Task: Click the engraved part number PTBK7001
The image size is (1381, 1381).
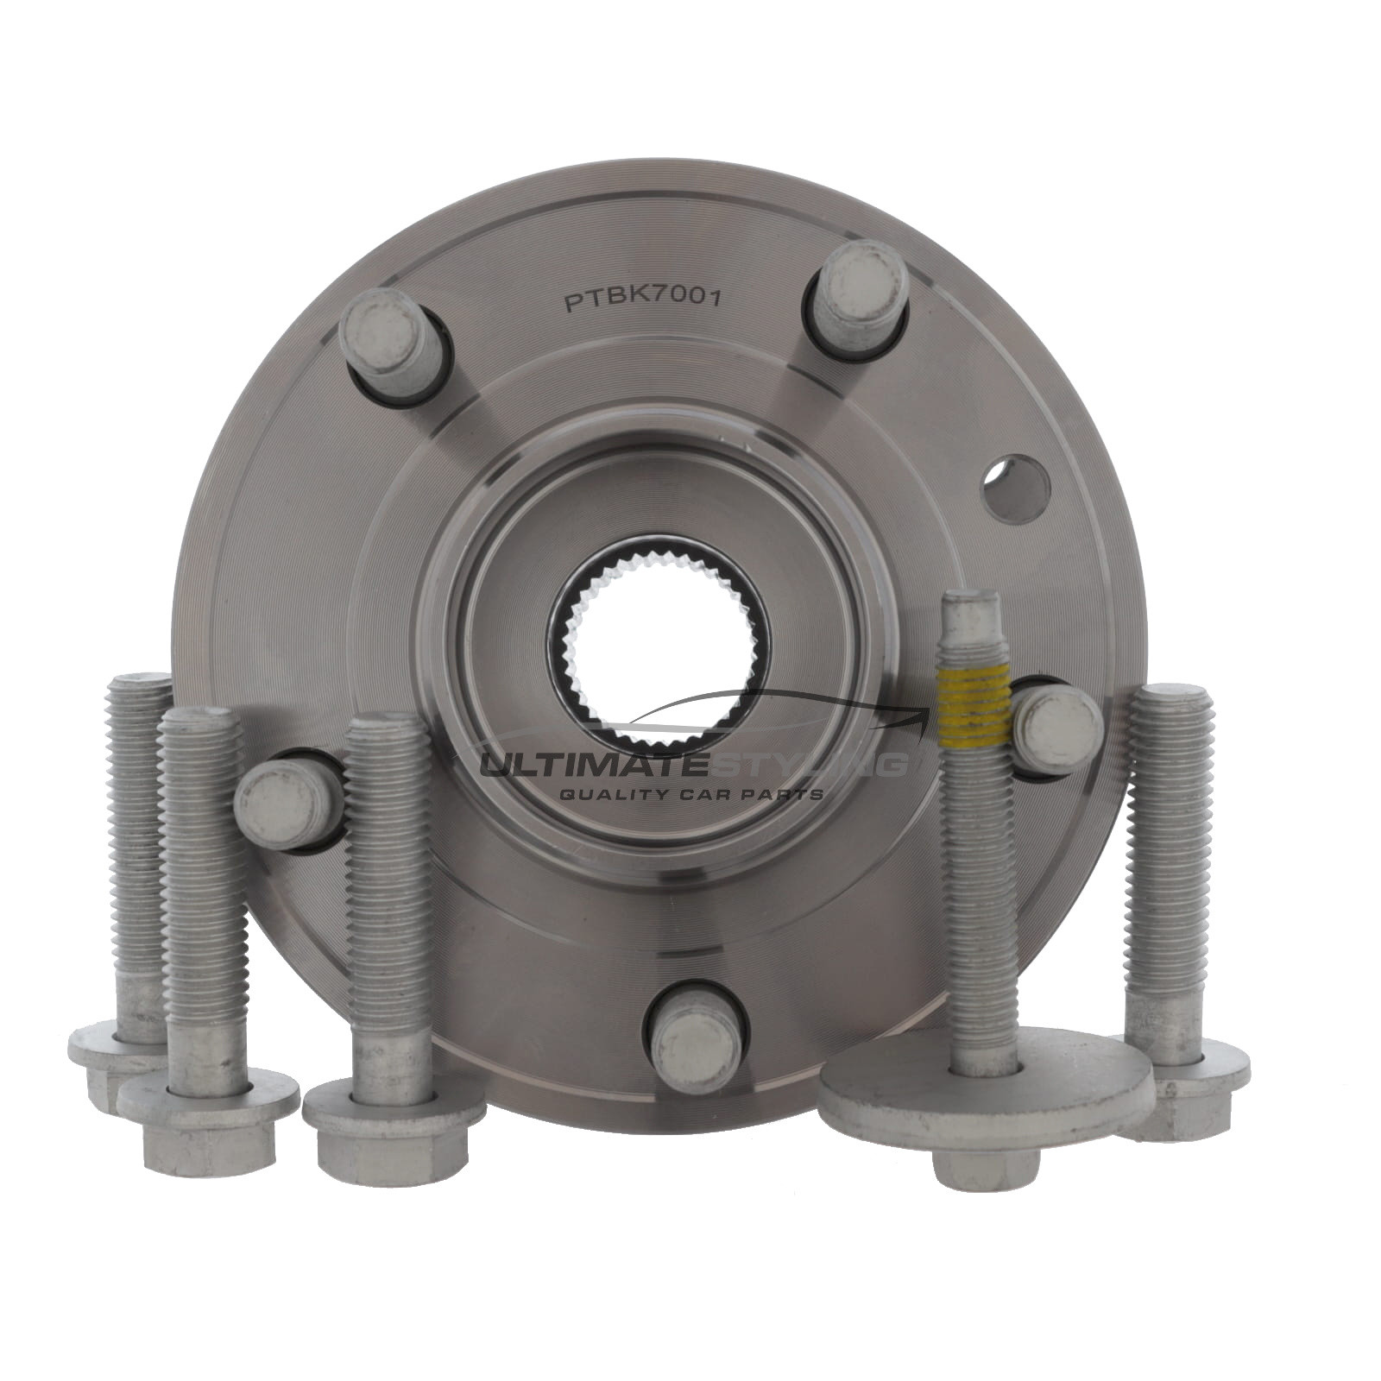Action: [642, 300]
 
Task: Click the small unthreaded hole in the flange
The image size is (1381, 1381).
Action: [1018, 489]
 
